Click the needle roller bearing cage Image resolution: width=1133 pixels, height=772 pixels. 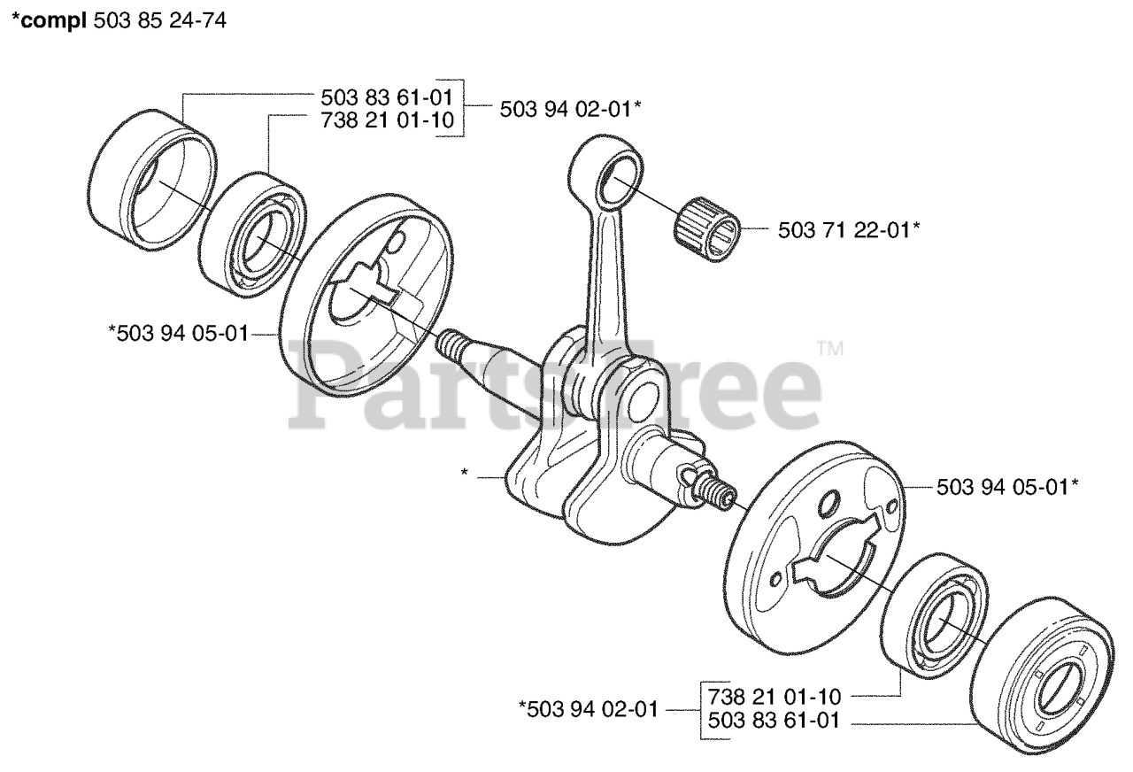point(705,228)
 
